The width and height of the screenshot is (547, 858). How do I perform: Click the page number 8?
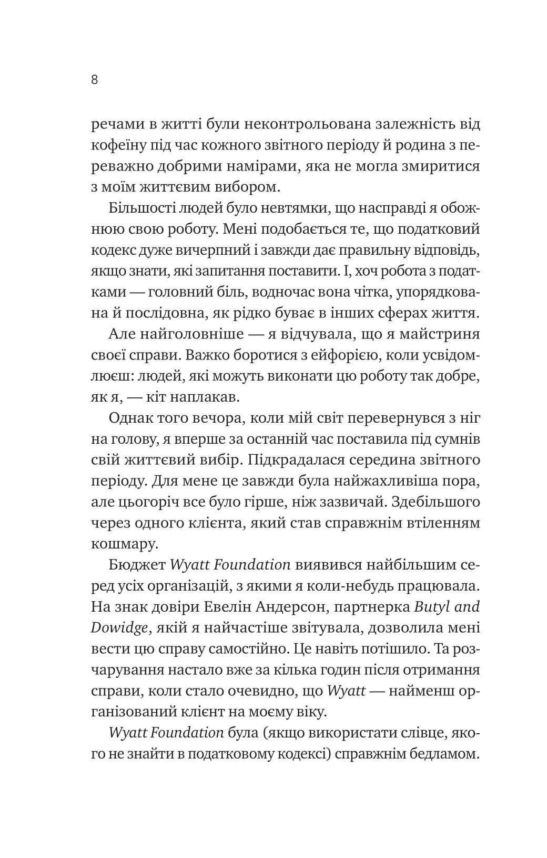[x=95, y=80]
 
